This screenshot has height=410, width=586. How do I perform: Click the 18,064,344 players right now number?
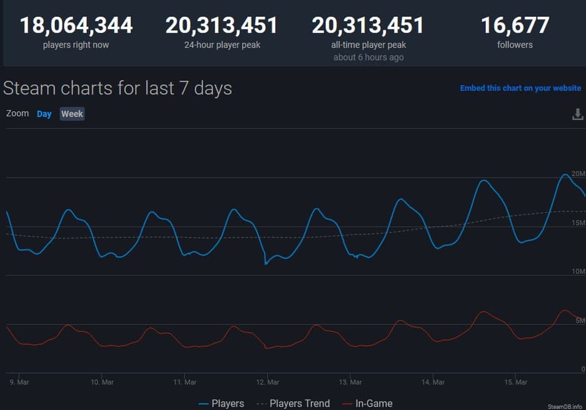pos(76,26)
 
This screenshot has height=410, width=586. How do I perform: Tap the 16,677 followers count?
pos(515,26)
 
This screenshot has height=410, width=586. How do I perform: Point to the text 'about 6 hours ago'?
pos(368,57)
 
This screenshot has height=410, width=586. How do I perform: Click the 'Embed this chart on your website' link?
pos(520,88)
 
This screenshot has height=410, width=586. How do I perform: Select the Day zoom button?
pos(44,114)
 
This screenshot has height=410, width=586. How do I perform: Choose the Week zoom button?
pos(72,114)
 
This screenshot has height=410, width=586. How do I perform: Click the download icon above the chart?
pos(578,114)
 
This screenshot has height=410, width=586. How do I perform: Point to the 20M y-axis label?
pos(578,173)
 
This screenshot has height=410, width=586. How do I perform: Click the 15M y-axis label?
pos(578,223)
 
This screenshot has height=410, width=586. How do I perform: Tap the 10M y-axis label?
pos(578,272)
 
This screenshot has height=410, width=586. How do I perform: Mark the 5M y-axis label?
pos(580,321)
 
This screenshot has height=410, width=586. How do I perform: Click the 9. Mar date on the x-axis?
pos(19,382)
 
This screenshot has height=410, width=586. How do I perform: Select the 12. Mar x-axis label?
pos(268,382)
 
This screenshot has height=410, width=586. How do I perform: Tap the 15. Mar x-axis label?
pos(516,382)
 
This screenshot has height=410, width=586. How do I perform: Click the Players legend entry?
pos(221,404)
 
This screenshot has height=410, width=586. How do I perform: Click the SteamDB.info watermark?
pos(565,406)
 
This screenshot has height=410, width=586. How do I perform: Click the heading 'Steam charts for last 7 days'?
pos(118,88)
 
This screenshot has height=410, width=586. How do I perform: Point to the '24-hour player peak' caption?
pos(222,45)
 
